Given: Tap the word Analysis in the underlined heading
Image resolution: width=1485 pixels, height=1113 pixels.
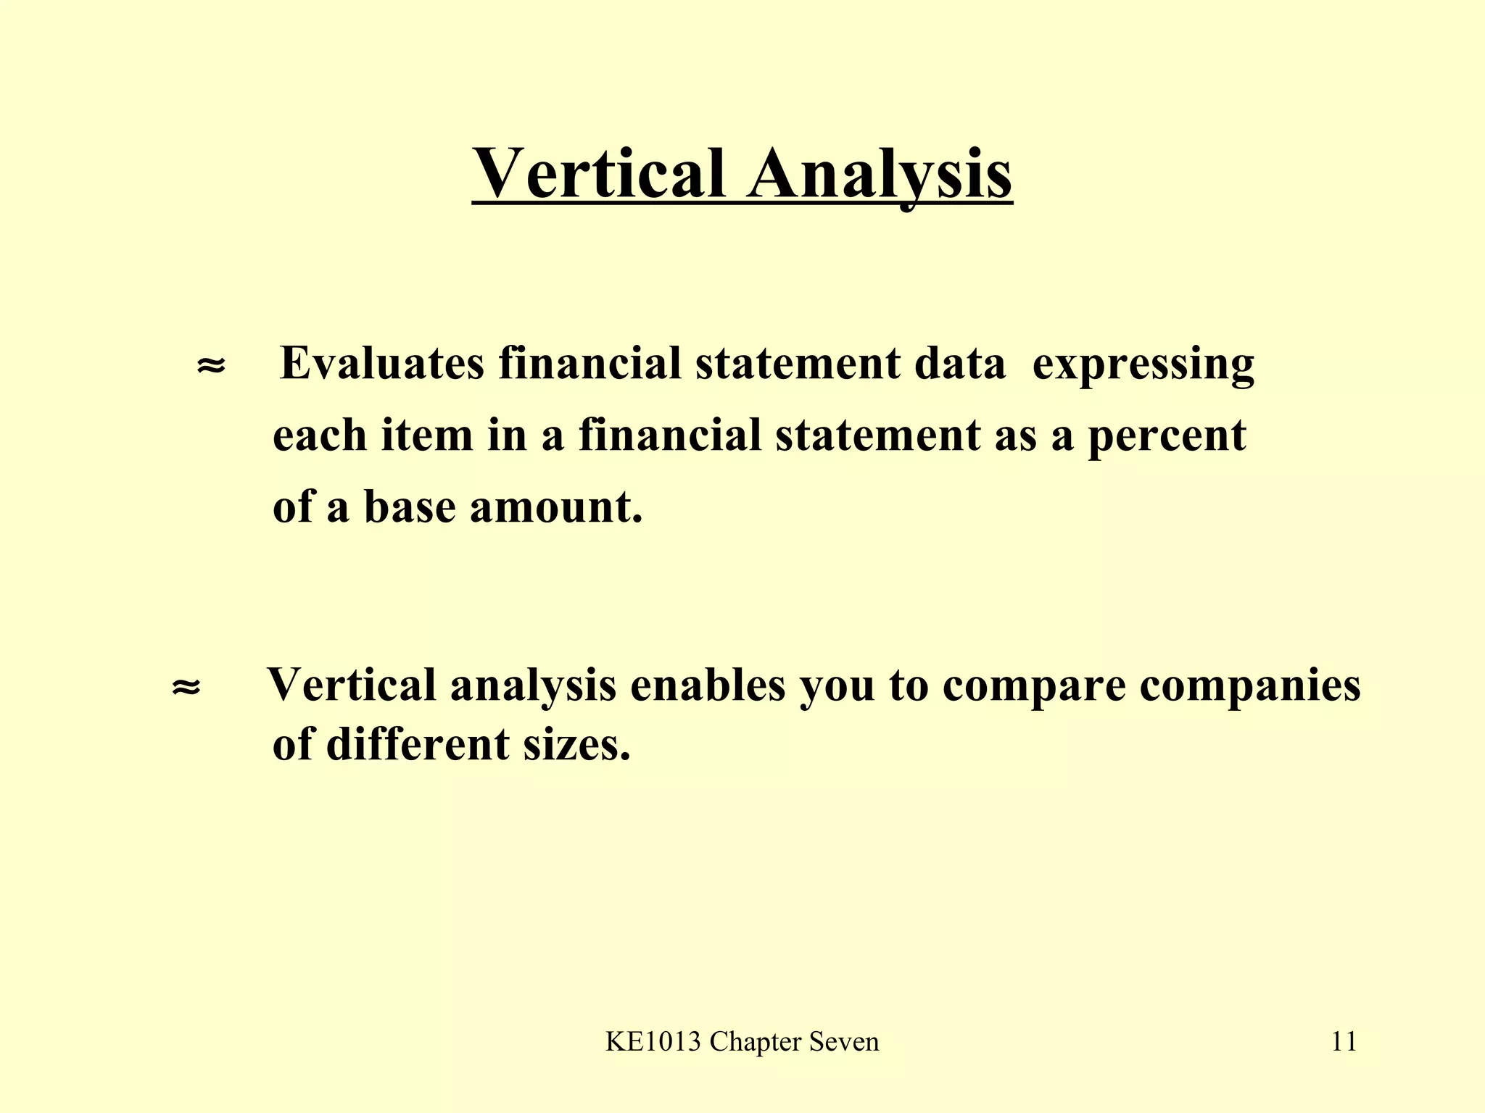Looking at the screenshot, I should click(x=880, y=174).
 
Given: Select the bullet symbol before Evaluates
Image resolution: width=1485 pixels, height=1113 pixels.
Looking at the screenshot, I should click(x=211, y=365).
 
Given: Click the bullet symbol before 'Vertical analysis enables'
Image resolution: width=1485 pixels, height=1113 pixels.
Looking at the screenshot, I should click(x=186, y=686).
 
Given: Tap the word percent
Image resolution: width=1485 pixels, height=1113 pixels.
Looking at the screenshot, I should click(x=1166, y=436).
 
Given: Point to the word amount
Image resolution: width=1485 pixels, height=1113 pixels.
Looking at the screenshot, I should click(x=555, y=506).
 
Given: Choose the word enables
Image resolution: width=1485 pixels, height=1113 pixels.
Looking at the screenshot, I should click(x=708, y=684).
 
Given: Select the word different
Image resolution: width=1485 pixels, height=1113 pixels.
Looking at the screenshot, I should click(x=417, y=743).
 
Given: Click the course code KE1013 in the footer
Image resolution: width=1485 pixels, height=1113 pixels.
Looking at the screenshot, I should click(x=653, y=1042).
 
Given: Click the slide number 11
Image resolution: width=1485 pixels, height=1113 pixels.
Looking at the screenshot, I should click(x=1344, y=1042).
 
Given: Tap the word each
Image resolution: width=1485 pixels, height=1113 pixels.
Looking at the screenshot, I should click(x=319, y=435).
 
